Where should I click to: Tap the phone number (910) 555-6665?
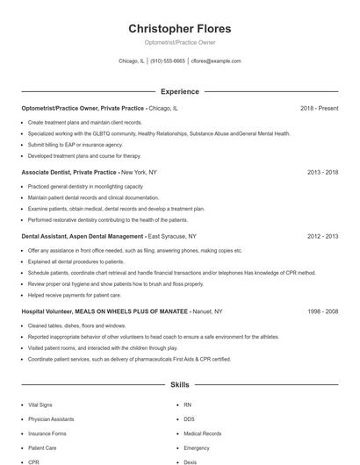(167, 61)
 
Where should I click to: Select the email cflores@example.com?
(216, 61)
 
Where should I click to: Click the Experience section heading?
(180, 91)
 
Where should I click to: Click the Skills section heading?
(180, 384)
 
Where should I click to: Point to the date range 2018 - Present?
(319, 108)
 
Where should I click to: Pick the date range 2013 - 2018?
(322, 172)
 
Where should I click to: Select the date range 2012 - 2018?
(322, 236)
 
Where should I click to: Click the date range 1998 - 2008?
(322, 311)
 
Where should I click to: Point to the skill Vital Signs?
(40, 404)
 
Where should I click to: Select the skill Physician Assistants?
(52, 419)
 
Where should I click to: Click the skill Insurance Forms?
(47, 433)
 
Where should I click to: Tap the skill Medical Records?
(203, 433)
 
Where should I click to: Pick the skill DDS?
(189, 419)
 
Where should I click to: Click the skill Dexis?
(191, 461)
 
